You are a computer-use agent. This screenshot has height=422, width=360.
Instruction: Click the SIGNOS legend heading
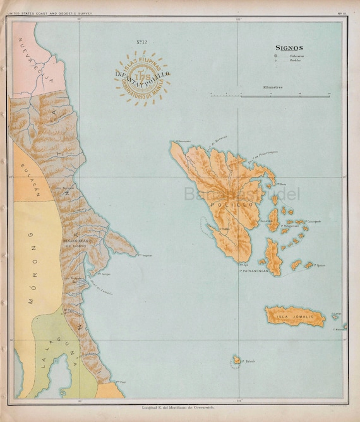click(289, 47)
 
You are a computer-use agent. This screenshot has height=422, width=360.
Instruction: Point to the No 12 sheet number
click(142, 42)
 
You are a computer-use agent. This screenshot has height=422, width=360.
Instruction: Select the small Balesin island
click(236, 359)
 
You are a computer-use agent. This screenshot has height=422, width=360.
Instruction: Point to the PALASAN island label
click(266, 221)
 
